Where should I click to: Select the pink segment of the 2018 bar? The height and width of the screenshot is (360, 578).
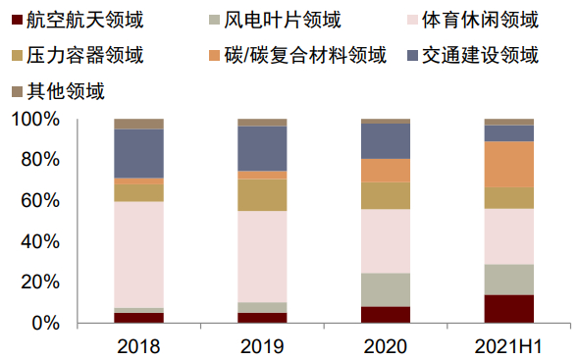pos(138,254)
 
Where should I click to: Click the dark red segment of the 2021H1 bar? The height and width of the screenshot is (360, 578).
pos(509,308)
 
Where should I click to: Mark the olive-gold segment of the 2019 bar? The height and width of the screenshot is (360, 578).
pos(262,194)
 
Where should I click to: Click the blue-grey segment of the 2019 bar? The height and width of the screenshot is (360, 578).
pos(262,148)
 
